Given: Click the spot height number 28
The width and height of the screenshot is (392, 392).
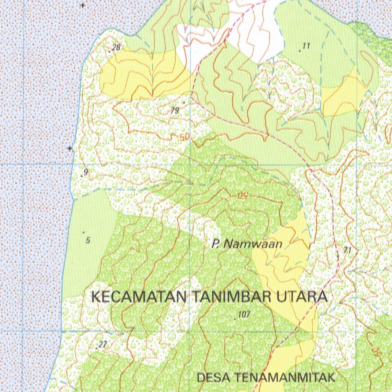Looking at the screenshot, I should [116, 47].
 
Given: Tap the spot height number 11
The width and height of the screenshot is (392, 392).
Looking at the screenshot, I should [306, 46].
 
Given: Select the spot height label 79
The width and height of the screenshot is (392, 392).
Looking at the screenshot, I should [175, 111].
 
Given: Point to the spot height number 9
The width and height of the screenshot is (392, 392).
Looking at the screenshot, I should [85, 173].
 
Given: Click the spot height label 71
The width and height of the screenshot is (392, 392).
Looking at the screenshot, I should [348, 250].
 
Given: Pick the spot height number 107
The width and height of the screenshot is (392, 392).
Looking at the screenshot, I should [244, 315].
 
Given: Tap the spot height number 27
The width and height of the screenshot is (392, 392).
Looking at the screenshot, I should [102, 345].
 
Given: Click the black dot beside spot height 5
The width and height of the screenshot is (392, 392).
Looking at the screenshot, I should [83, 232].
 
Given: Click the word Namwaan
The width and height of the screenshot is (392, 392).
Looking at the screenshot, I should [253, 244].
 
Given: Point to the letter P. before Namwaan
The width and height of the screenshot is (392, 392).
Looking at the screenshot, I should [216, 244].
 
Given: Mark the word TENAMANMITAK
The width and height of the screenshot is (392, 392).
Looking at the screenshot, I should [286, 378].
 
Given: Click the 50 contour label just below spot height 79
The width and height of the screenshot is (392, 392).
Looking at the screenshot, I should [185, 137].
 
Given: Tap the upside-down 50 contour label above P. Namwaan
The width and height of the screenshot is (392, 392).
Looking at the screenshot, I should [243, 196].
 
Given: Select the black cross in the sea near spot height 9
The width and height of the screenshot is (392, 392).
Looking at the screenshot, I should [70, 148].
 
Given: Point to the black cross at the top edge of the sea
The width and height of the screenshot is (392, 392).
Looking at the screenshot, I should [83, 5].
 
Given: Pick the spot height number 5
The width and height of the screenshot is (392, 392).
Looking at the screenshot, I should [88, 240].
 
